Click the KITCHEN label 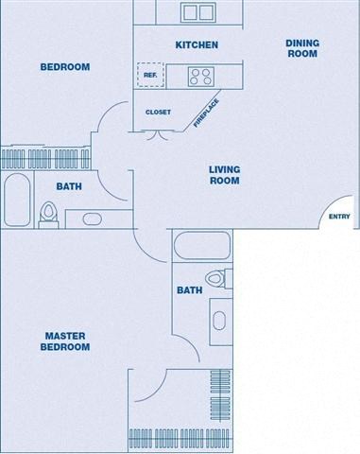coord(197,44)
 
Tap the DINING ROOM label coord(302,48)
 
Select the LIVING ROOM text coord(224,175)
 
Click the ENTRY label coord(338,217)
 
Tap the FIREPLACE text coord(207,113)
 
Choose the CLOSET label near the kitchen coord(158,113)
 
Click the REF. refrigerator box coord(149,75)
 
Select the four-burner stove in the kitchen coord(200,76)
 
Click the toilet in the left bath coord(48,215)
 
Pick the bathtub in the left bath coord(16,201)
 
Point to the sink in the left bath coord(93,219)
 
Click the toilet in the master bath coord(216,278)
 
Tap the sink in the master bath coord(219,320)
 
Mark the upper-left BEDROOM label coord(64,67)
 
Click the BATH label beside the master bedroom coord(189,290)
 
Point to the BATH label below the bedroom coord(69,186)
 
